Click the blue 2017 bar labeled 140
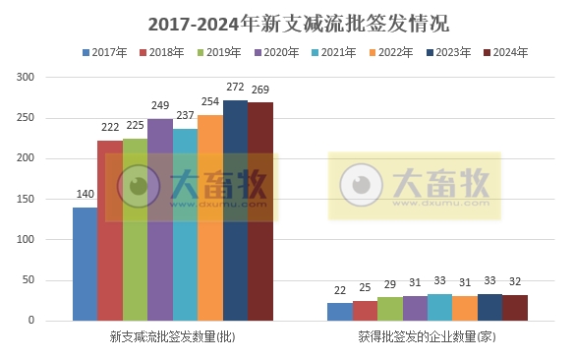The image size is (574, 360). (85, 264)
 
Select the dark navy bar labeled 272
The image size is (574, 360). (235, 210)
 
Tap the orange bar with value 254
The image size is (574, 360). (210, 217)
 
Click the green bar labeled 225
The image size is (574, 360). (135, 229)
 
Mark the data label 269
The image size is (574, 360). (260, 90)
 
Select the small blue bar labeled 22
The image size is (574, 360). (339, 312)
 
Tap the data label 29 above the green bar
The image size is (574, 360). (389, 286)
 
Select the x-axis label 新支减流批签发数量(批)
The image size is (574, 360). (173, 337)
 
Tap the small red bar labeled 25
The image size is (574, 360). (365, 311)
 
